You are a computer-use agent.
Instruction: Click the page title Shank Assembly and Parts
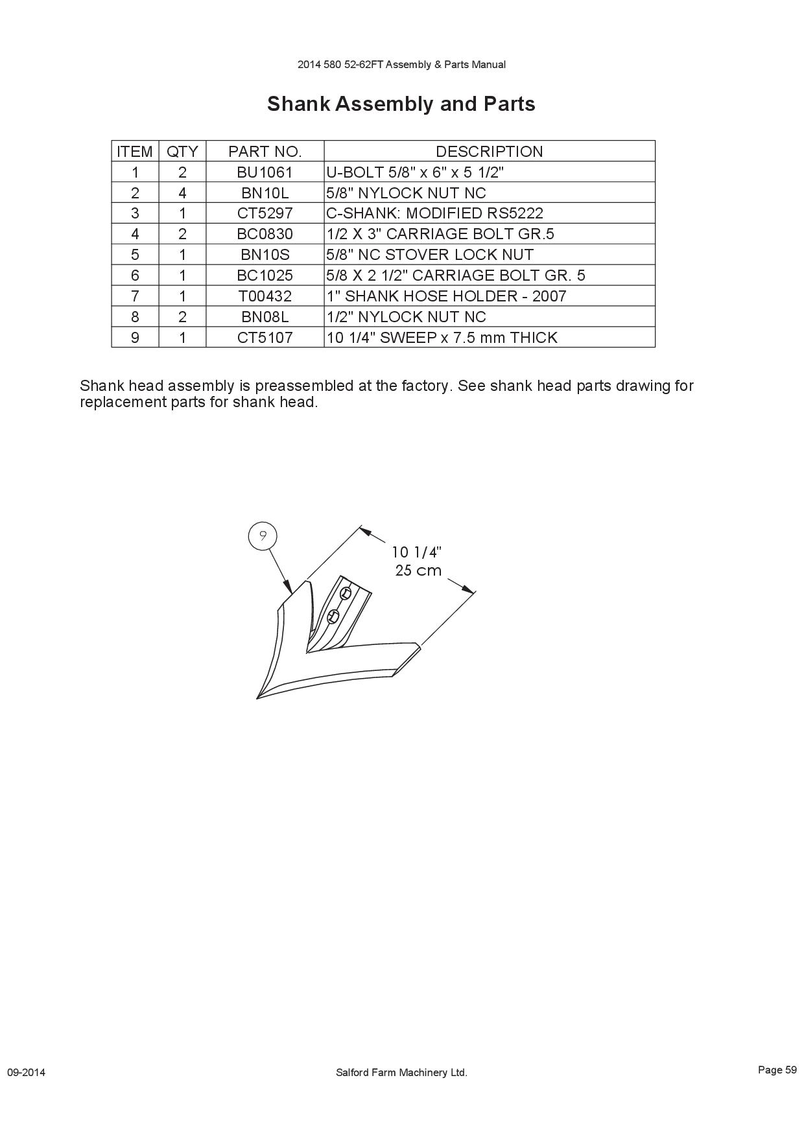(x=401, y=104)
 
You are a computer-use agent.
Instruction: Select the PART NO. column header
(x=265, y=152)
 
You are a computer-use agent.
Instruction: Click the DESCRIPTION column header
(x=490, y=152)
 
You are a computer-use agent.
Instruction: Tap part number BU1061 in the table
(x=265, y=172)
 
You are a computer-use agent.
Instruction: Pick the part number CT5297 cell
(x=265, y=213)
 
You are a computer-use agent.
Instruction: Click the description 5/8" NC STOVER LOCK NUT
(x=430, y=255)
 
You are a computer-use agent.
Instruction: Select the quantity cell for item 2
(x=182, y=193)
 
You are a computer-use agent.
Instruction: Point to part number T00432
(x=265, y=296)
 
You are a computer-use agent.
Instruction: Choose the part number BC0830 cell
(x=265, y=234)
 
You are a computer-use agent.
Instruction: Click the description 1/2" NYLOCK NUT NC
(x=406, y=317)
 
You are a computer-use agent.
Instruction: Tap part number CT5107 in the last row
(x=265, y=338)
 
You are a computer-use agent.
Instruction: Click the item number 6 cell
(x=135, y=275)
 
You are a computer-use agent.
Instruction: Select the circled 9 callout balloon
(x=263, y=535)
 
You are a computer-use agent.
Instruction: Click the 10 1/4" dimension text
(x=416, y=552)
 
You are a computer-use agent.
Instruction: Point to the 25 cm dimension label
(x=418, y=570)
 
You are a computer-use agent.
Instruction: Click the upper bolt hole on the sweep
(x=346, y=592)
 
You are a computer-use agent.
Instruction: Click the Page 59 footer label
(x=777, y=1070)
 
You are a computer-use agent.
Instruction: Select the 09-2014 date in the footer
(x=26, y=1072)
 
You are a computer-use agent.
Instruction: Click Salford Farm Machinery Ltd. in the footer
(x=401, y=1072)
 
